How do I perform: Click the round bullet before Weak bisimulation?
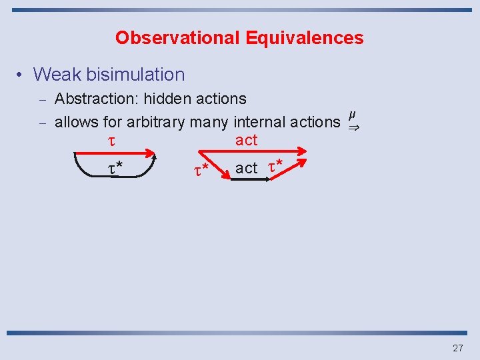click(x=21, y=75)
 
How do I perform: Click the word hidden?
click(x=167, y=99)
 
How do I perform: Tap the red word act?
click(x=246, y=140)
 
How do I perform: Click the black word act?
click(x=246, y=168)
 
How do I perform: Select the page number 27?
click(x=458, y=348)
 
